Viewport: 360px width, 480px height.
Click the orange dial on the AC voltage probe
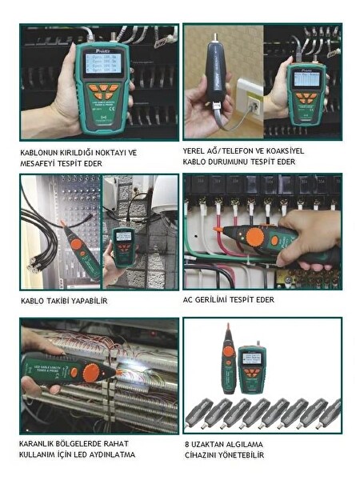click(x=255, y=238)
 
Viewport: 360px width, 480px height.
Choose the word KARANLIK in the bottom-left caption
click(x=39, y=443)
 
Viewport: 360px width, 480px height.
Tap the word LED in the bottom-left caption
click(x=96, y=454)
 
